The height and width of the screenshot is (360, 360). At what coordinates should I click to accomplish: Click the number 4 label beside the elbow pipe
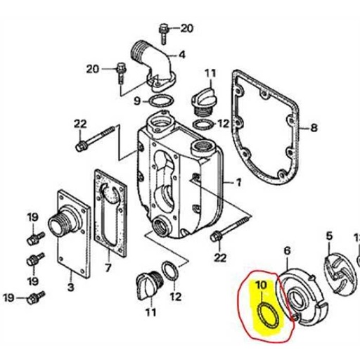coord(181,54)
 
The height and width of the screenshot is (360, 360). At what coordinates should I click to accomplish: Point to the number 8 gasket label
coord(314,128)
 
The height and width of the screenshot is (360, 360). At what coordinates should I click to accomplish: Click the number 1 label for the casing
coord(238,183)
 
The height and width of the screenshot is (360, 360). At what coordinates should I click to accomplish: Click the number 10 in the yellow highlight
coord(261,285)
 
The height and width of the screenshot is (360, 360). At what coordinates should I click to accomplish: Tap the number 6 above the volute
coord(286,250)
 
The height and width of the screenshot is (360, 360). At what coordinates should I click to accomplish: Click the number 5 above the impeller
coord(328,237)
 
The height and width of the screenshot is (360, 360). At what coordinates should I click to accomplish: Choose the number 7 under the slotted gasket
coord(108,268)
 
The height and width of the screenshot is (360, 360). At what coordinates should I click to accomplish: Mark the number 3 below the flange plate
coord(70,287)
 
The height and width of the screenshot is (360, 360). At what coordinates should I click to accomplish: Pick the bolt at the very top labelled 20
coord(164,29)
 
